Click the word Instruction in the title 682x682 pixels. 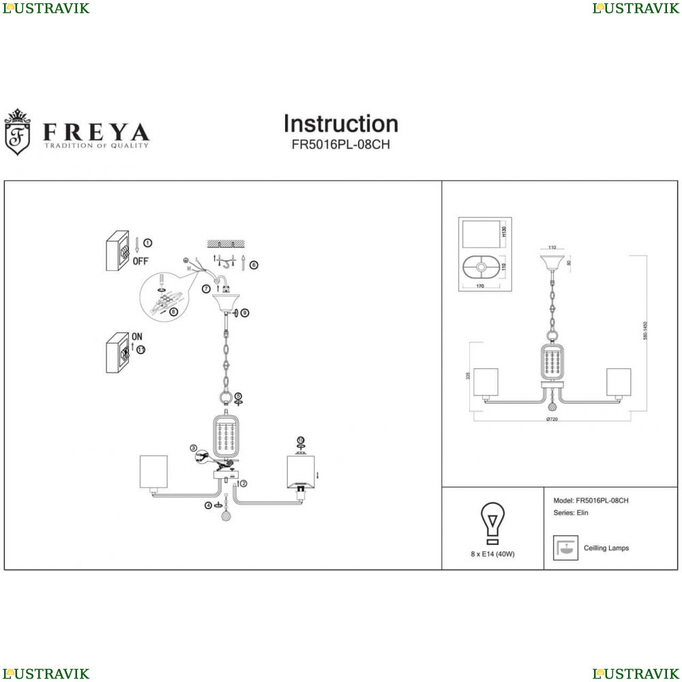click(x=340, y=124)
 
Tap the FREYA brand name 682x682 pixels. click(x=96, y=131)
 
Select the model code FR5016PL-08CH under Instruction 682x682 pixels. click(x=340, y=145)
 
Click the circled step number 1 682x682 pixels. click(x=148, y=243)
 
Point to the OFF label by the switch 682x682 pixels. click(x=140, y=261)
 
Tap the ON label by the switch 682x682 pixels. click(x=136, y=336)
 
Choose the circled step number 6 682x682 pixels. click(x=253, y=265)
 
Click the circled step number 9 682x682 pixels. click(x=245, y=313)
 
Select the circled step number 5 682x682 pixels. click(x=238, y=396)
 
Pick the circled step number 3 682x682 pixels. click(x=194, y=449)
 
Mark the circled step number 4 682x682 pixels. click(x=208, y=505)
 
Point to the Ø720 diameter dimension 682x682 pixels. click(x=552, y=419)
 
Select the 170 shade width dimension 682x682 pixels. click(x=480, y=286)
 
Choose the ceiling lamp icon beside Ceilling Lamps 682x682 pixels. click(x=563, y=548)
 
